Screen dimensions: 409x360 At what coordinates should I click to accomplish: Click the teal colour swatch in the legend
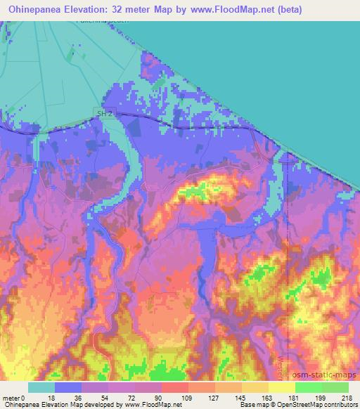coord(41,387)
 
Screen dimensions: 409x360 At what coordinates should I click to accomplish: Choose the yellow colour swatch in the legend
coord(282,387)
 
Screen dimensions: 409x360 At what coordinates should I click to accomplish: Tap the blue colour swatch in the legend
coord(68,387)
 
